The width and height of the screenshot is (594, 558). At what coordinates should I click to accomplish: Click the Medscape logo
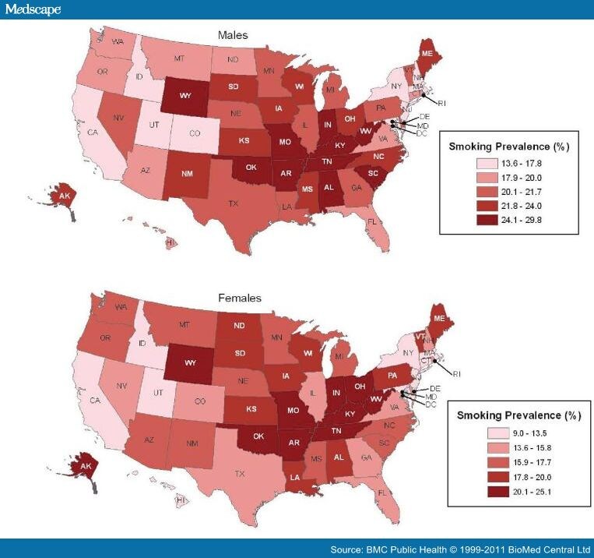pos(31,9)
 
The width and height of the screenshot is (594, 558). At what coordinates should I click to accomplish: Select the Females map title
pos(239,298)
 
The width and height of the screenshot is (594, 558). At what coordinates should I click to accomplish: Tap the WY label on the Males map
pos(186,96)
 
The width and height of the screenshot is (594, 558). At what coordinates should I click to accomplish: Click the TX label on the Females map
pos(240,474)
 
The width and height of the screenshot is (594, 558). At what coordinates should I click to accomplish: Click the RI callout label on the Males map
pos(441,102)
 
